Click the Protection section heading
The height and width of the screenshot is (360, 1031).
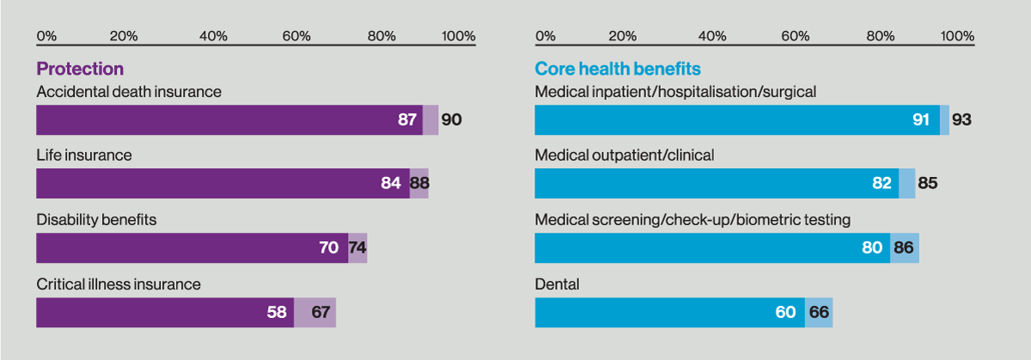80,69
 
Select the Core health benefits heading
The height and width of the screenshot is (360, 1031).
618,69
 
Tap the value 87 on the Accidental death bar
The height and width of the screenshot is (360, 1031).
407,119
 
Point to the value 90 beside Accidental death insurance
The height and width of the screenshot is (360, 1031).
451,119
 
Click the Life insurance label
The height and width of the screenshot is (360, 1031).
84,156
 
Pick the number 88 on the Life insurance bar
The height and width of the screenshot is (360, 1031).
419,183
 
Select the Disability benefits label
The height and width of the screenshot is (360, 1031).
96,220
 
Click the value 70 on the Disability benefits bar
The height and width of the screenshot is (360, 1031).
328,247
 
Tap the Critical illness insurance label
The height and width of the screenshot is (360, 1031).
119,284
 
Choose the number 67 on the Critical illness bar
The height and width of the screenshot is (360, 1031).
321,312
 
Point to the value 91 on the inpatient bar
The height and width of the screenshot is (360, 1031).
921,119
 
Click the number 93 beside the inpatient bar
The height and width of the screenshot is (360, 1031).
961,119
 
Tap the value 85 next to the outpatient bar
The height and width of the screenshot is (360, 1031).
927,183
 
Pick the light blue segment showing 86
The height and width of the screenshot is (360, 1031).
905,247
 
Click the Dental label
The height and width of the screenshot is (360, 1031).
557,284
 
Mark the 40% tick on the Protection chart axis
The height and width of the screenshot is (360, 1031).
213,36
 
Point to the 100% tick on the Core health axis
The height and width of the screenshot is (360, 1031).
957,36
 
